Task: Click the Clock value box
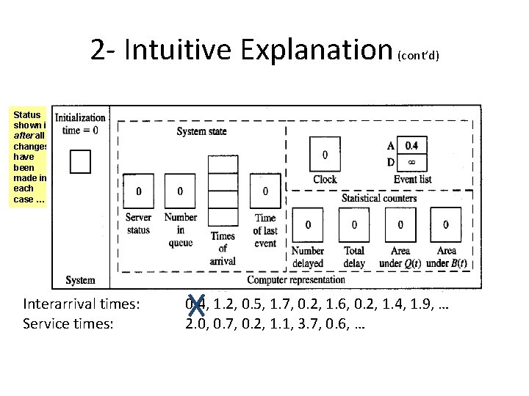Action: (325, 155)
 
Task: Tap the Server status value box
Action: (139, 192)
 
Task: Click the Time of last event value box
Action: (265, 192)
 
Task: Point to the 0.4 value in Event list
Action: (411, 145)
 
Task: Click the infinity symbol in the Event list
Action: (411, 161)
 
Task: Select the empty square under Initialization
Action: (79, 161)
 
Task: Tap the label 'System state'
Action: (201, 131)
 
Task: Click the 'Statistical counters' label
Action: (379, 198)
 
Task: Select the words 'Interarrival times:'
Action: (82, 304)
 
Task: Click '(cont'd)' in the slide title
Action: (418, 55)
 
